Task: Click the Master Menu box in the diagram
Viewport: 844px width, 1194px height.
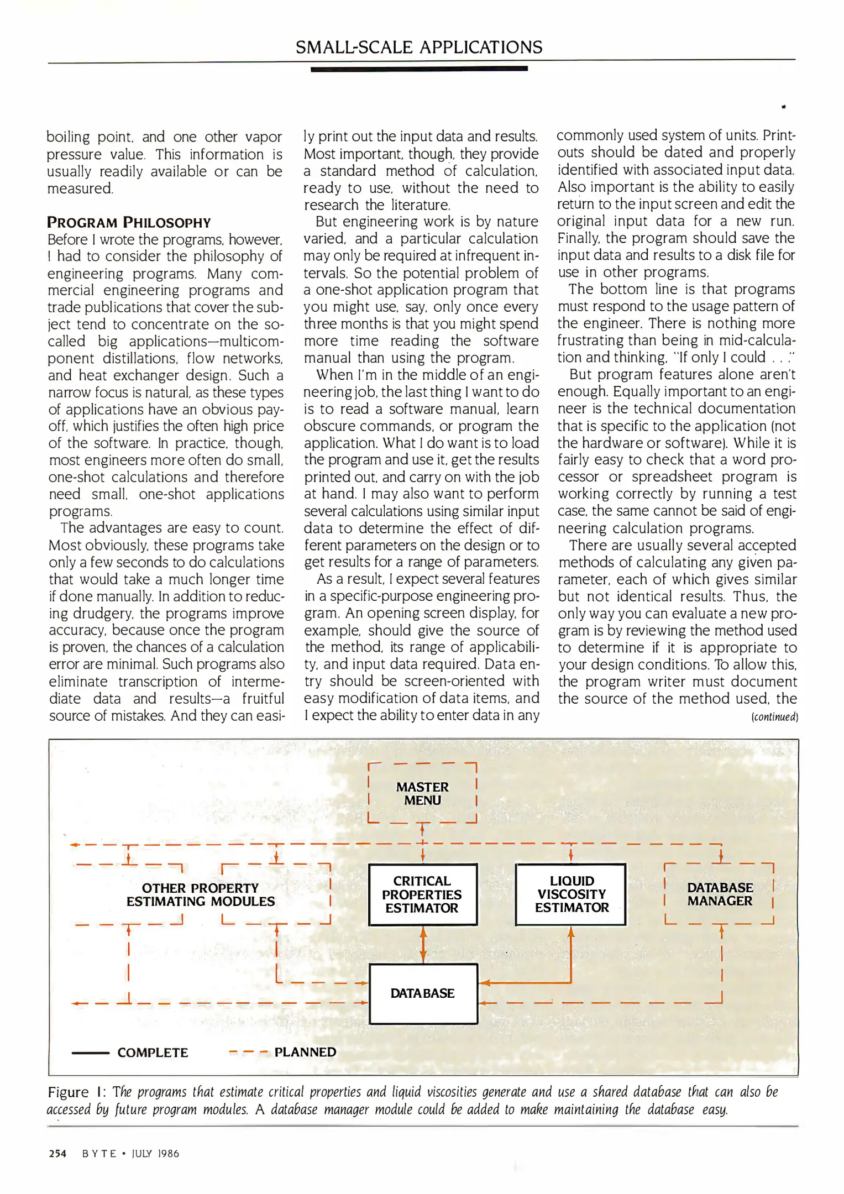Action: [422, 793]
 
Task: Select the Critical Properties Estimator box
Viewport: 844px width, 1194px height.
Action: [422, 894]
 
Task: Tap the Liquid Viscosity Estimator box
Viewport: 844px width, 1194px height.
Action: [571, 894]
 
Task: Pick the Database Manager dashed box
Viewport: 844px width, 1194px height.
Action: [719, 894]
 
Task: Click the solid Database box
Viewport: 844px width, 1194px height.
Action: [423, 993]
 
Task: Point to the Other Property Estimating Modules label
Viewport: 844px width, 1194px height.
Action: [200, 894]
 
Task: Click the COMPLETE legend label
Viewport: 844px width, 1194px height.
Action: [153, 1052]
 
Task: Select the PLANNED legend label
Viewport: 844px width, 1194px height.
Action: [305, 1052]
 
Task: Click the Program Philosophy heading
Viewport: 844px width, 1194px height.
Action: [129, 223]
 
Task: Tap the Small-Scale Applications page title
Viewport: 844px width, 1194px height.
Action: [419, 48]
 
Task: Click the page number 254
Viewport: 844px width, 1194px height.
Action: [57, 1154]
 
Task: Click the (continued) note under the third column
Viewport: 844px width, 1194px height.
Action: [774, 717]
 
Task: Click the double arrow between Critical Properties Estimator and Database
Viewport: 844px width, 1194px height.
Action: [423, 944]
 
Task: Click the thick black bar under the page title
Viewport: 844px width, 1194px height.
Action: [419, 69]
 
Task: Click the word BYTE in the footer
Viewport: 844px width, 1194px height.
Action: [99, 1154]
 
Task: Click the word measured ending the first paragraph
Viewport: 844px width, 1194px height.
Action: [80, 188]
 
